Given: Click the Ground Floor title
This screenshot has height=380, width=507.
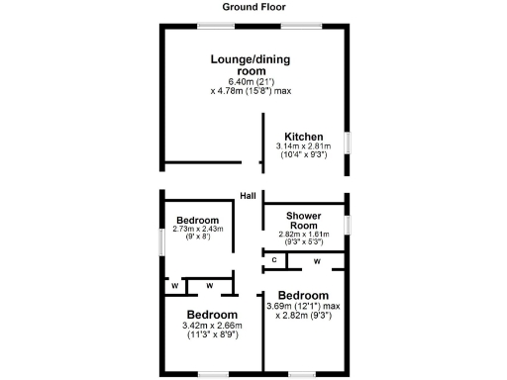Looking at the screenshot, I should click(x=253, y=8).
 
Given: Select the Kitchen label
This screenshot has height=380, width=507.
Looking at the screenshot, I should click(x=304, y=137).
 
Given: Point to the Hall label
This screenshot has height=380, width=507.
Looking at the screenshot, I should click(x=248, y=196).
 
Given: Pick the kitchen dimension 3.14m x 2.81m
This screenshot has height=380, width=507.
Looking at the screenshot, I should click(x=304, y=146).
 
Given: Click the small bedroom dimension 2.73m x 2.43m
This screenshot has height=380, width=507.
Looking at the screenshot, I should click(x=198, y=229).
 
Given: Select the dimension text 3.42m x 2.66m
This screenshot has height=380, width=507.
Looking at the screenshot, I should click(x=198, y=325).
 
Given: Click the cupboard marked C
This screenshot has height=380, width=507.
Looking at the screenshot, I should click(x=273, y=259).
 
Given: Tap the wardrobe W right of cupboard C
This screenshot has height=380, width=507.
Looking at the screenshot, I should click(x=317, y=260).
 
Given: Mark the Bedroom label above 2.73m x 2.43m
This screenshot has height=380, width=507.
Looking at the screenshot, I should click(x=198, y=220).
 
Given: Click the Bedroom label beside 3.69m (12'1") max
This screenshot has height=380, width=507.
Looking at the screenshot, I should click(x=303, y=295).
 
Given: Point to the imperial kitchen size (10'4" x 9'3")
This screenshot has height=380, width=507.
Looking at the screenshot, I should click(x=304, y=154).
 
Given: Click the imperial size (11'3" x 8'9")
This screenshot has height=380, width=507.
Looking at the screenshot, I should click(x=198, y=334).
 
